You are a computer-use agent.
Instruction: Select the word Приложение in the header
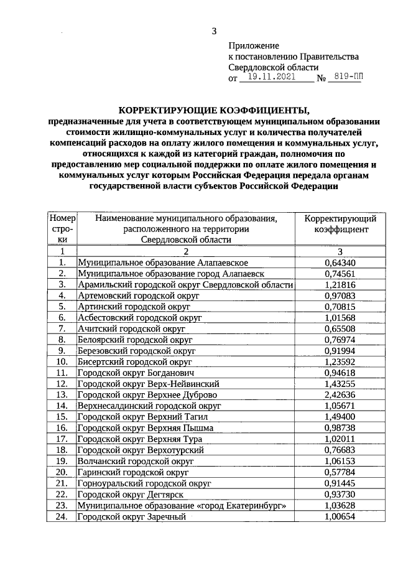click(x=254, y=45)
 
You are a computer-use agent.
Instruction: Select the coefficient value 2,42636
click(x=340, y=394)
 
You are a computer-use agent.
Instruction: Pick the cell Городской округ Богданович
click(x=136, y=373)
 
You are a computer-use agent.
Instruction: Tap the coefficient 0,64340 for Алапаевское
click(x=340, y=262)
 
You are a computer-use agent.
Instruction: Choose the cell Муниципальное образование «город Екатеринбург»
click(x=182, y=505)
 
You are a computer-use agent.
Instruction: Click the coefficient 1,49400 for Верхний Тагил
click(x=340, y=417)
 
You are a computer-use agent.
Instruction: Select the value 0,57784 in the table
click(x=340, y=472)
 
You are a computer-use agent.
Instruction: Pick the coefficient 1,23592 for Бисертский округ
click(x=340, y=361)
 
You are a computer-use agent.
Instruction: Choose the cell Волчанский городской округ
click(x=136, y=461)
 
